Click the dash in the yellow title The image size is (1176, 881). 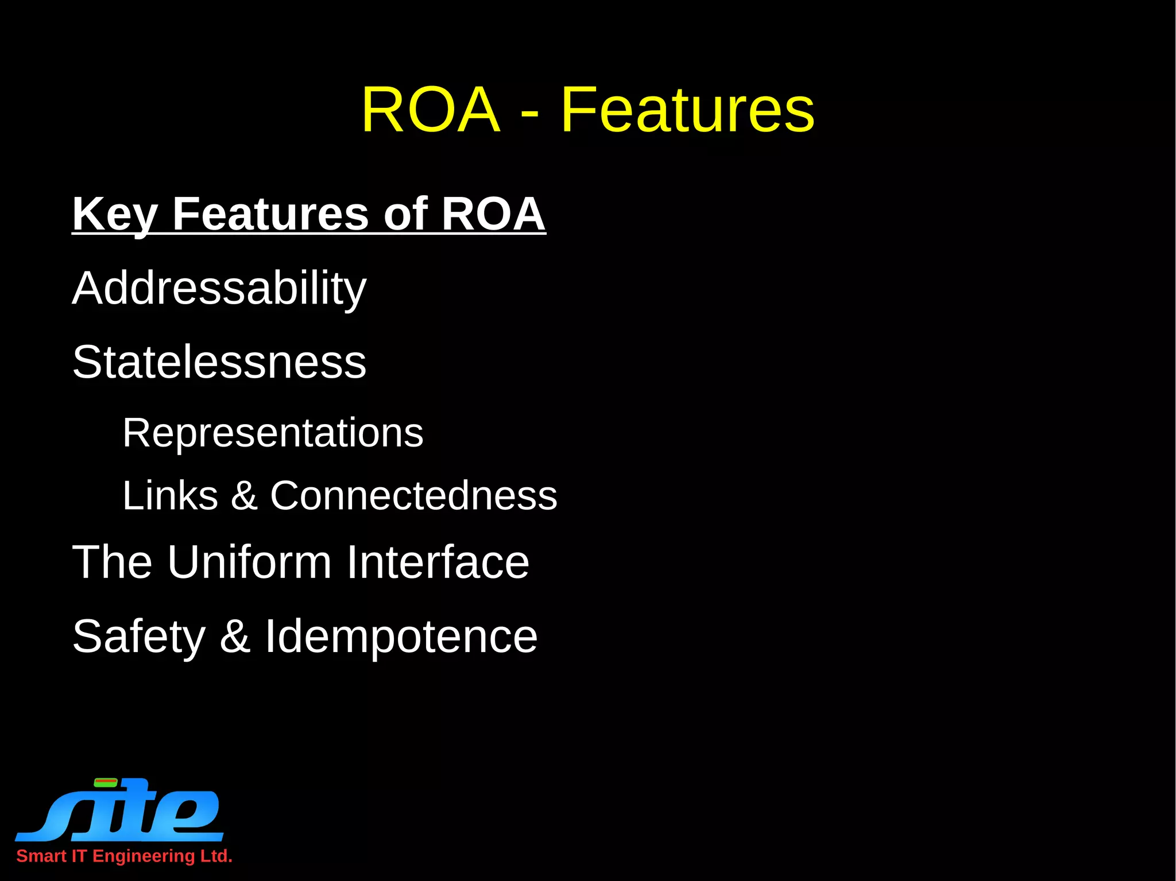tap(529, 112)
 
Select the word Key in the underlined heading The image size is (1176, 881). tap(114, 214)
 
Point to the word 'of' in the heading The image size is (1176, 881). tap(405, 214)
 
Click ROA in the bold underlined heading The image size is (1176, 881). tap(493, 214)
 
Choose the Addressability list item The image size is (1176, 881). tap(219, 288)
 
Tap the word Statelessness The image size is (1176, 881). tap(219, 362)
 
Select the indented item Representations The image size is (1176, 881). tap(273, 433)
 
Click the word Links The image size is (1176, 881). tap(170, 495)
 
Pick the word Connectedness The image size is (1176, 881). tap(413, 495)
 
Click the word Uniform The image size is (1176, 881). tap(249, 562)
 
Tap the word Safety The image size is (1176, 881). tap(138, 637)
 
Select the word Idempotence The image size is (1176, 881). tap(401, 637)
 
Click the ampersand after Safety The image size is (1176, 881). tap(235, 637)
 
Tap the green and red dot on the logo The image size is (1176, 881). tap(106, 782)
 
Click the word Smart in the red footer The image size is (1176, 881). tap(41, 856)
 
